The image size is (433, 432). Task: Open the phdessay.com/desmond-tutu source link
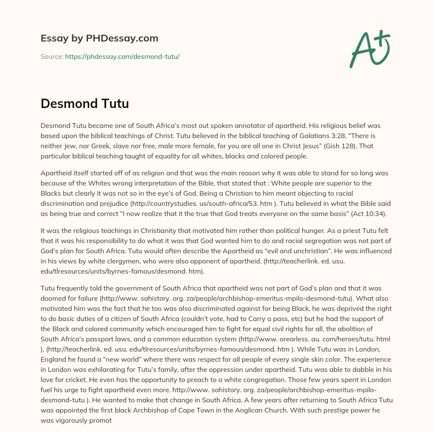click(x=122, y=56)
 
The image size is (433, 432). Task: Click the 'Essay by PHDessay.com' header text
click(x=99, y=38)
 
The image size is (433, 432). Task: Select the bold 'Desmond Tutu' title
click(x=85, y=103)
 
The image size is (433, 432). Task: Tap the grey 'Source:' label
click(x=52, y=56)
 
